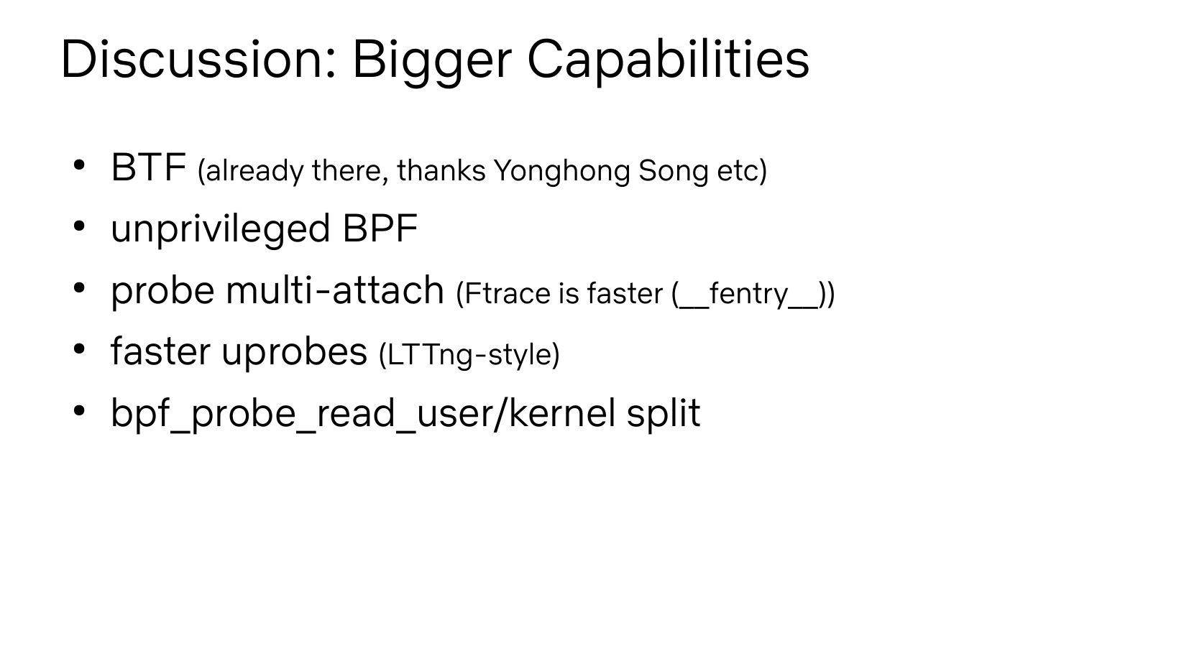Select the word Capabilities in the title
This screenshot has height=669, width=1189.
click(669, 62)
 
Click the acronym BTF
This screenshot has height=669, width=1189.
click(149, 167)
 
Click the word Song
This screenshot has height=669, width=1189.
click(674, 171)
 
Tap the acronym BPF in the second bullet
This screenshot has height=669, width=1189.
click(380, 229)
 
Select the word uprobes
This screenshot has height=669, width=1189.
click(295, 352)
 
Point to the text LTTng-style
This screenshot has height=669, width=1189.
click(469, 355)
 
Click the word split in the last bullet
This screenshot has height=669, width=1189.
click(664, 414)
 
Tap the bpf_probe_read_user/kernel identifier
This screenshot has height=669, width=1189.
click(363, 414)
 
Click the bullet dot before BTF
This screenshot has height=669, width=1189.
click(79, 165)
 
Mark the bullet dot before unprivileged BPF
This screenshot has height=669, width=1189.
click(79, 226)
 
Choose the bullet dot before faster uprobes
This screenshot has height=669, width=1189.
click(79, 349)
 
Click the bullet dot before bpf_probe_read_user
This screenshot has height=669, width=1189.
click(79, 410)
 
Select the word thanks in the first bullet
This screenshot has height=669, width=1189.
click(441, 171)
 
